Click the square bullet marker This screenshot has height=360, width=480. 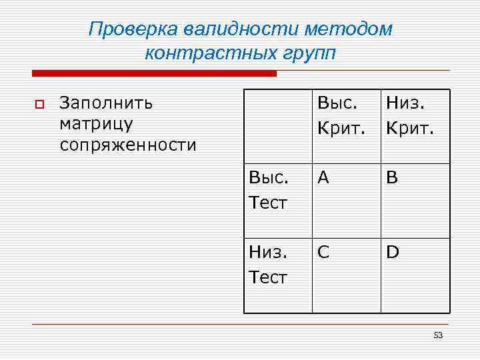pyautogui.click(x=39, y=104)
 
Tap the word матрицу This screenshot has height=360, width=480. pyautogui.click(x=97, y=124)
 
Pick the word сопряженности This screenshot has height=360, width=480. pyautogui.click(x=128, y=145)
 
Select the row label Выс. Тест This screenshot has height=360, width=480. pyautogui.click(x=268, y=189)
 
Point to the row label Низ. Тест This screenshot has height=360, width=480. pyautogui.click(x=268, y=265)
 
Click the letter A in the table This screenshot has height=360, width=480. pyautogui.click(x=324, y=177)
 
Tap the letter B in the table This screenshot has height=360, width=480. pyautogui.click(x=392, y=177)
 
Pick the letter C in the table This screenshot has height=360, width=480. pyautogui.click(x=324, y=253)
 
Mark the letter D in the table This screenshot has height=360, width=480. pyautogui.click(x=393, y=253)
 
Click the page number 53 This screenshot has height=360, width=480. pyautogui.click(x=438, y=335)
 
